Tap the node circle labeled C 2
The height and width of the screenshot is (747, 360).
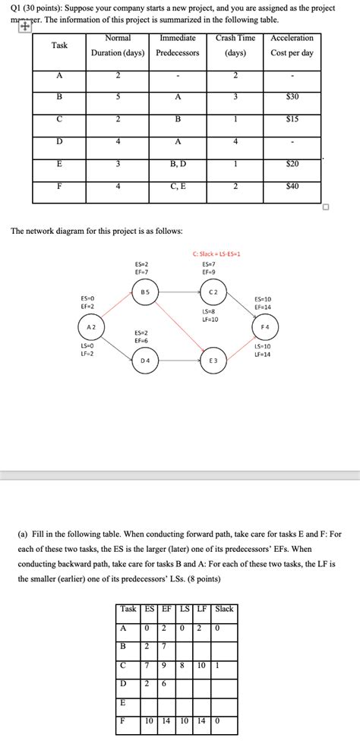213,292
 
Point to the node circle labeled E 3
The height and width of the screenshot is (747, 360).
213,360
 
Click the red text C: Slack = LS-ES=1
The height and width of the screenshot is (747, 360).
216,254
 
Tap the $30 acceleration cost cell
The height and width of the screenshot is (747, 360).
292,97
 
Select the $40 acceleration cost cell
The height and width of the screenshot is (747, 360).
292,186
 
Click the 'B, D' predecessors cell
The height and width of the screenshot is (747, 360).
178,164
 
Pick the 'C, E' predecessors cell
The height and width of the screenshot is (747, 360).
178,186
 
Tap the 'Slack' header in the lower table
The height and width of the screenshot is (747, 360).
225,609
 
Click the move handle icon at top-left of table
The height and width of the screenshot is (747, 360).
25,26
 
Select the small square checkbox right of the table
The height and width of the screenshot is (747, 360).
325,206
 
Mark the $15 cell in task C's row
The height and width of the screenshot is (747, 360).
292,119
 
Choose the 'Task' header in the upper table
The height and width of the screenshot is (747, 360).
59,46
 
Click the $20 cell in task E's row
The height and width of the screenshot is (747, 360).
292,164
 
